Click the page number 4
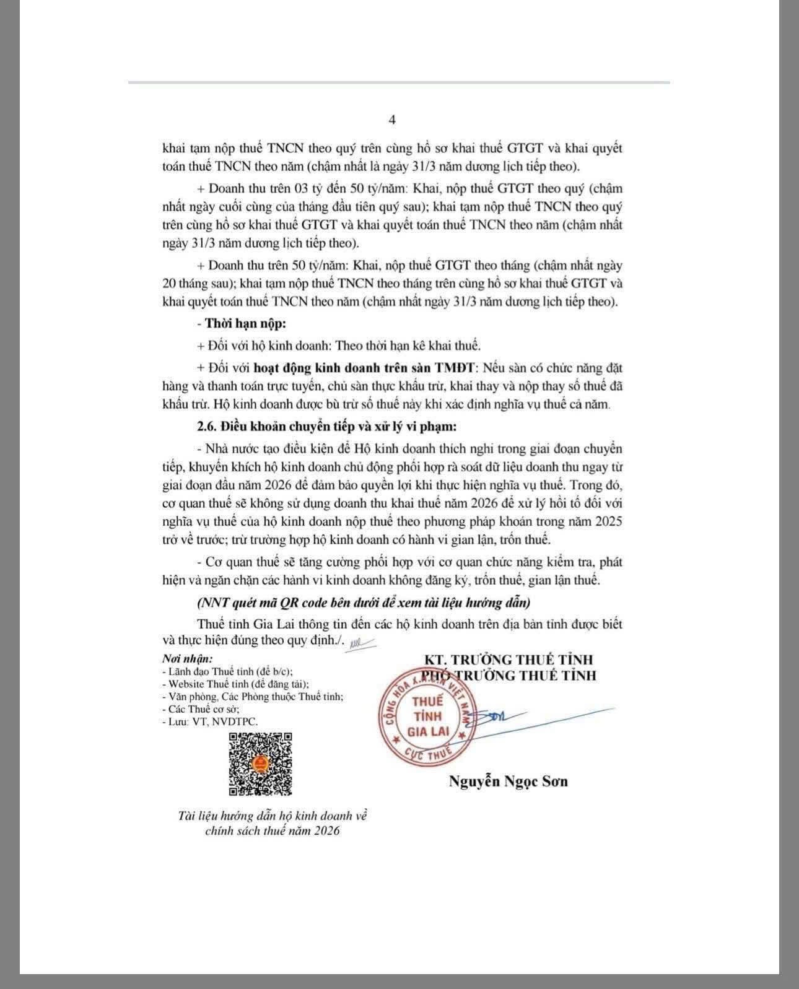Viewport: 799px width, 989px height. click(392, 120)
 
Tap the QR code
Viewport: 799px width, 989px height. click(260, 764)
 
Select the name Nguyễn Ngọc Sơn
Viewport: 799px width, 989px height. click(508, 781)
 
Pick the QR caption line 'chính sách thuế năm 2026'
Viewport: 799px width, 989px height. click(273, 831)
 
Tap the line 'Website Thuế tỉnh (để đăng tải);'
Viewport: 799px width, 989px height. click(235, 684)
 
